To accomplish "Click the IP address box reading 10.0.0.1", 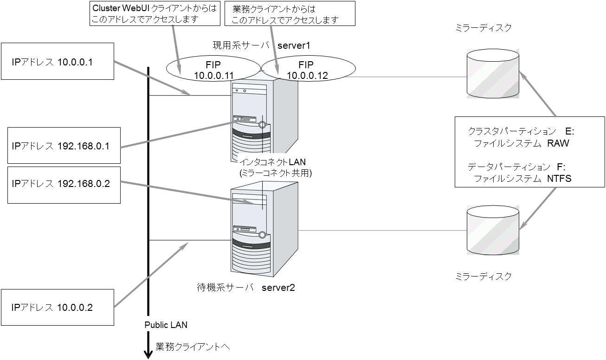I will click(x=58, y=61).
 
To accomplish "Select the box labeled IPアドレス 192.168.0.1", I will click(x=64, y=145).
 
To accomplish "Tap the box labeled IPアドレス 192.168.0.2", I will click(x=64, y=184).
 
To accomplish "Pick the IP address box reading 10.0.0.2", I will click(x=58, y=307).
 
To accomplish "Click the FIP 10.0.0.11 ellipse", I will click(x=213, y=70).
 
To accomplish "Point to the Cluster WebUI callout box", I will click(x=154, y=13).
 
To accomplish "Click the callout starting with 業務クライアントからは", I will click(x=290, y=13).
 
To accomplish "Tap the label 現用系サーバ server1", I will click(x=261, y=45).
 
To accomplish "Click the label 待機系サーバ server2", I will click(x=246, y=288).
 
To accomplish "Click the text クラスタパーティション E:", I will click(x=521, y=131).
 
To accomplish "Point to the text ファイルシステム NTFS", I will click(x=522, y=178).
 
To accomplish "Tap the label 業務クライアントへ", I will click(x=193, y=347).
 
